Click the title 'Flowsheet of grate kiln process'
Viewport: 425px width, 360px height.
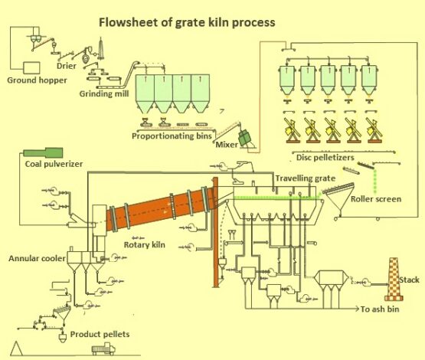[x=187, y=22]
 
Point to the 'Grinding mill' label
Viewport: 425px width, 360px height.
[x=106, y=94]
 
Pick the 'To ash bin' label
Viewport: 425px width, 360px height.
[x=384, y=311]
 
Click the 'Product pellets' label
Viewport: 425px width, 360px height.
[x=100, y=334]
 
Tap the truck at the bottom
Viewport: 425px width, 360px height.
[x=103, y=349]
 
